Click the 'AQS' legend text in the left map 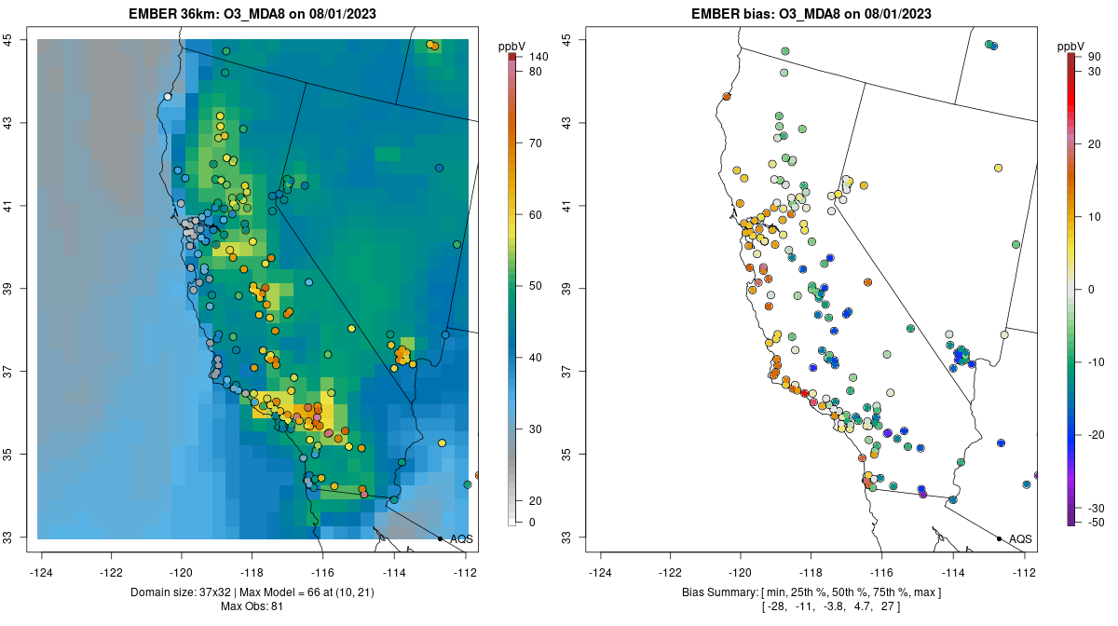pyautogui.click(x=462, y=539)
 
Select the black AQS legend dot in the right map pyautogui.click(x=999, y=538)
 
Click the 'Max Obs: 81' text pyautogui.click(x=253, y=607)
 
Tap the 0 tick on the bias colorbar pyautogui.click(x=1089, y=289)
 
